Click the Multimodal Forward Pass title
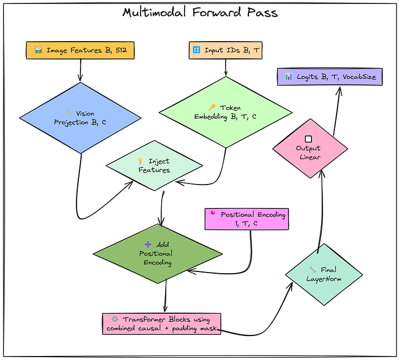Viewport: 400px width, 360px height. (x=200, y=12)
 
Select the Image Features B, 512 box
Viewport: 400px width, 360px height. (x=81, y=50)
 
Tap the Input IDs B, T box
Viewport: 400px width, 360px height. (x=226, y=50)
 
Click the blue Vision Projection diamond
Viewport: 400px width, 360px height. (x=81, y=118)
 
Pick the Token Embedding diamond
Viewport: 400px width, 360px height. (x=226, y=112)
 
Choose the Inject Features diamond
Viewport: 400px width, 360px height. (x=154, y=166)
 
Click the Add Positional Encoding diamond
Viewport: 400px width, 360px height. (x=158, y=254)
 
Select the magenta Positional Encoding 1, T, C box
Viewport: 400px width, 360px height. (x=247, y=219)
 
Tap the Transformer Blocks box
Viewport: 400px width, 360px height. (x=162, y=324)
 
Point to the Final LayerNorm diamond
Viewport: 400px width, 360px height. (x=324, y=274)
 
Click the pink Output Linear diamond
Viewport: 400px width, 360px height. (x=310, y=149)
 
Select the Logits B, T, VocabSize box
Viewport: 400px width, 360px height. (x=330, y=77)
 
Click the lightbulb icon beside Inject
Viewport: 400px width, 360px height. (x=141, y=161)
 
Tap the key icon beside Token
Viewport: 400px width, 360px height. (x=212, y=107)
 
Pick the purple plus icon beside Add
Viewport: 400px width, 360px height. (x=148, y=245)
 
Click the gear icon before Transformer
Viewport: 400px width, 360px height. (x=115, y=319)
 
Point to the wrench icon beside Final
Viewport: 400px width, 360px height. (x=313, y=269)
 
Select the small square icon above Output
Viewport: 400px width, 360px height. (x=309, y=139)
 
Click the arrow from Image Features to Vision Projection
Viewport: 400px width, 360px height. (x=81, y=70)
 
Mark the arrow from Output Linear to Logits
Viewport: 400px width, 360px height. (x=337, y=111)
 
